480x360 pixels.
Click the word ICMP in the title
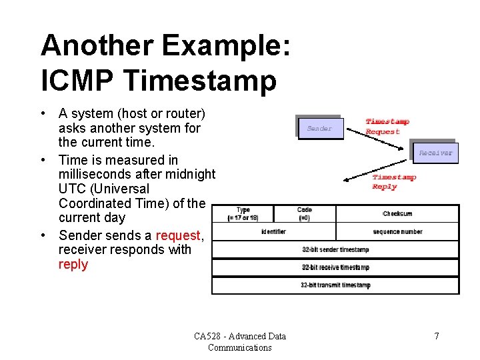tap(78, 81)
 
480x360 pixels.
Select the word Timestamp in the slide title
tap(200, 81)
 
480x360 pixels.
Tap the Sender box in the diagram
tap(319, 129)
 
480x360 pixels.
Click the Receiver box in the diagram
tap(435, 153)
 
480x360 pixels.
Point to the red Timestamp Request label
tap(387, 127)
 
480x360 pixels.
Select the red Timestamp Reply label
tap(393, 181)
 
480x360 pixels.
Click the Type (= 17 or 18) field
tap(243, 214)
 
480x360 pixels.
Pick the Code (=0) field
tap(304, 214)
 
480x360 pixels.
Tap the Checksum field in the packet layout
tap(397, 214)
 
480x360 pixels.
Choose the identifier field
tap(273, 232)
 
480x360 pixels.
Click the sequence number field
tap(397, 232)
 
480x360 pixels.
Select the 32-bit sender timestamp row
tap(335, 250)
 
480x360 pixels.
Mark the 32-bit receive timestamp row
tap(335, 267)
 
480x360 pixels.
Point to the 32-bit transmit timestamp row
tap(335, 285)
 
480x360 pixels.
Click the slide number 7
tap(437, 336)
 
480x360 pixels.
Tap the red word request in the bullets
tap(177, 235)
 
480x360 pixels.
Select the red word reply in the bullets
tap(73, 265)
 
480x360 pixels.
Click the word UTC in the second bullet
tap(72, 189)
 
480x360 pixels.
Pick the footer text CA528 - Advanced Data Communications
tap(240, 341)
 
